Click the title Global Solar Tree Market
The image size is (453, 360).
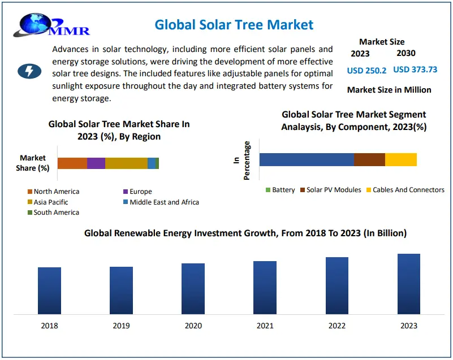234,24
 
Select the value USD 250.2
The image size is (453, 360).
366,70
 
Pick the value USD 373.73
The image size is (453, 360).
415,70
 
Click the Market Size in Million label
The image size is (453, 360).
389,90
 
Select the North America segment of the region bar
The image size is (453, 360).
72,163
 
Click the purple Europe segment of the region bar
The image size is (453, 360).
96,163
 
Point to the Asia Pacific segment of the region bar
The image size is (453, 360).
126,163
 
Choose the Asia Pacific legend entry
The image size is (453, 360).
50,202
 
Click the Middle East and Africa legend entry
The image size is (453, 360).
164,202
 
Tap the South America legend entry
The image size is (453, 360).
56,212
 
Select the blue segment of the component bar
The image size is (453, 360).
307,159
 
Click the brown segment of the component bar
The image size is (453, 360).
369,159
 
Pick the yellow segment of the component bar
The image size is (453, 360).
401,159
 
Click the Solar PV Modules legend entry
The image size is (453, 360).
333,190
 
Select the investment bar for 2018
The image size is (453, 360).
50,290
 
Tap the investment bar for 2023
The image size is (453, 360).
409,284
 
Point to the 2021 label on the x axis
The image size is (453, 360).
265,326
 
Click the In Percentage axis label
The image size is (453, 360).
242,161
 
